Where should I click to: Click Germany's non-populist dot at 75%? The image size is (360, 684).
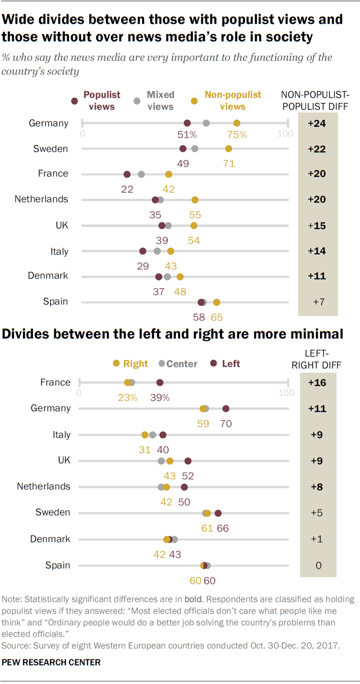[x=237, y=123]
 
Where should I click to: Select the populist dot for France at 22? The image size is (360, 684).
[x=127, y=174]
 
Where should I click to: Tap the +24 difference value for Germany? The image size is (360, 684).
[x=317, y=123]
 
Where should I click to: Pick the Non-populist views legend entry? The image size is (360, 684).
[x=232, y=101]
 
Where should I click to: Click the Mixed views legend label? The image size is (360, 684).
[x=160, y=101]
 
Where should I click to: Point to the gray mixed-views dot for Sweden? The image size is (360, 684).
[x=195, y=149]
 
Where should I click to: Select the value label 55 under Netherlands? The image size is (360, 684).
[x=195, y=215]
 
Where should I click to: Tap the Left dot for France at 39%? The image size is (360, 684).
[x=160, y=382]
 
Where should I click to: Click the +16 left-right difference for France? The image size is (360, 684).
[x=317, y=382]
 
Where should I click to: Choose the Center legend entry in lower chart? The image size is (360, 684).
[x=181, y=364]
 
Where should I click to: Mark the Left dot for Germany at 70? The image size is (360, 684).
[x=226, y=409]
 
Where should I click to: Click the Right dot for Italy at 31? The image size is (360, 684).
[x=145, y=435]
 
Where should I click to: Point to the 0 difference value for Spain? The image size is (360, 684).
[x=318, y=565]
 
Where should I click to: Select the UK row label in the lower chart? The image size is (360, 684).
[x=64, y=460]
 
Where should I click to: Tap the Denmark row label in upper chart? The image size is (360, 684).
[x=48, y=275]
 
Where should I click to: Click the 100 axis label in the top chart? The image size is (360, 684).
[x=285, y=134]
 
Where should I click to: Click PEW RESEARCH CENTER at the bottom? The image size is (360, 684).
[x=51, y=662]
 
